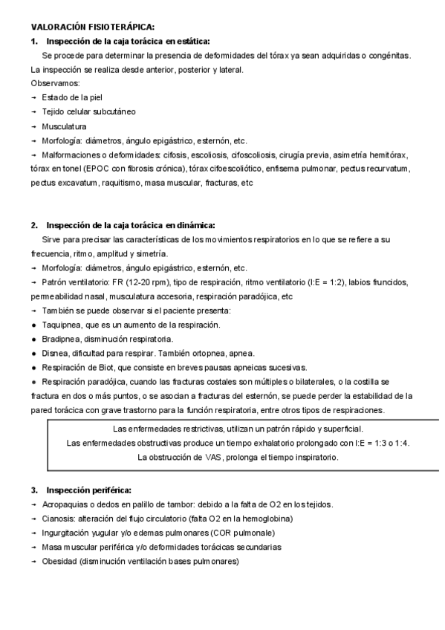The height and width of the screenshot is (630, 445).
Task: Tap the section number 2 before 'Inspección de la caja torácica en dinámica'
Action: [34, 225]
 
